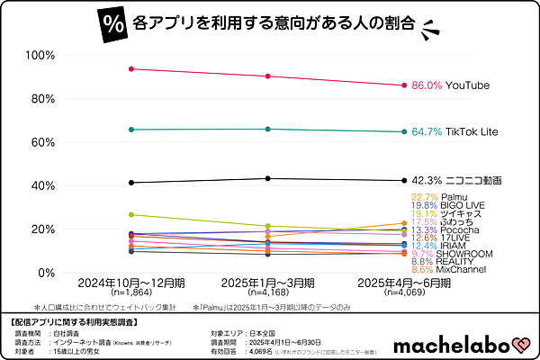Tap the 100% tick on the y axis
point(40,55)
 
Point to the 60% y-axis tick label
point(42,142)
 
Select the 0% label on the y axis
point(46,273)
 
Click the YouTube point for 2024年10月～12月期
point(132,68)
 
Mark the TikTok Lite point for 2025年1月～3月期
point(267,129)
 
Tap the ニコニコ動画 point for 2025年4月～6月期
point(402,180)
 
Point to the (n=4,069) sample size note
point(402,292)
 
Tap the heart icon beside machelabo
point(520,345)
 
